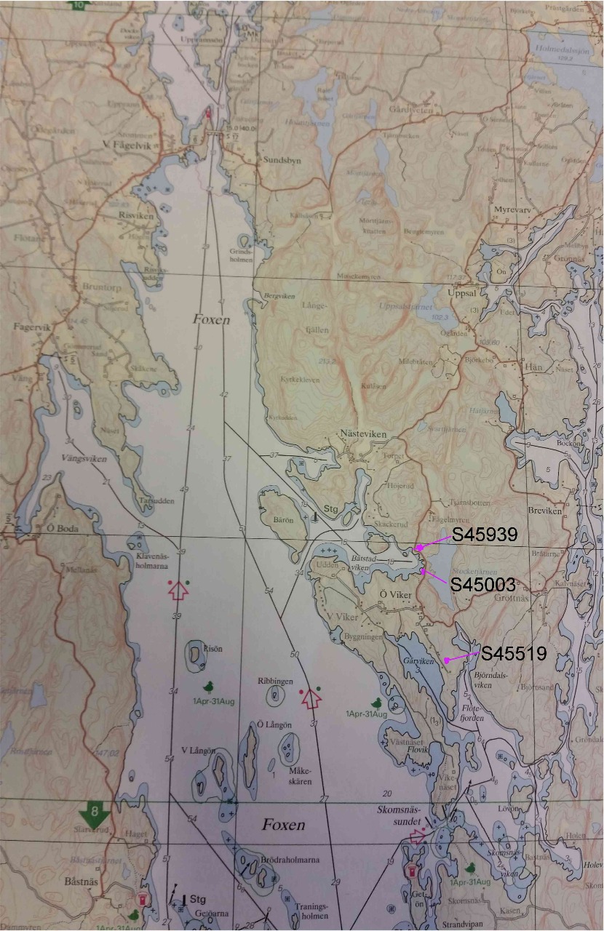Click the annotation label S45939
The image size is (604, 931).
[484, 535]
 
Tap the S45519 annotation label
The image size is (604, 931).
[513, 654]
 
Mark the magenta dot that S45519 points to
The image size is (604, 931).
[446, 660]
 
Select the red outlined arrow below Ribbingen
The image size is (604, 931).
[311, 700]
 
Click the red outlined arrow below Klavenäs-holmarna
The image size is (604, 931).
[178, 592]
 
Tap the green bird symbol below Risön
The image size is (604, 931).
[208, 687]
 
